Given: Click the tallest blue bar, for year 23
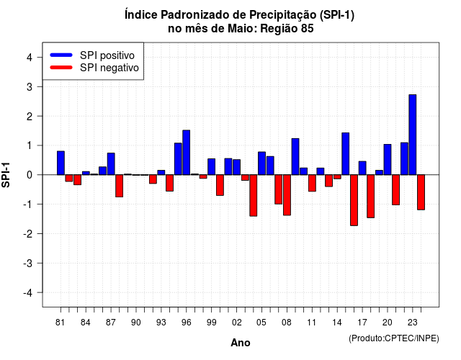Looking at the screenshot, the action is [413, 135].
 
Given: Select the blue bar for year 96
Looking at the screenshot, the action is [186, 153].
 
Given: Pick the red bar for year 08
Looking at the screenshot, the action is [287, 195].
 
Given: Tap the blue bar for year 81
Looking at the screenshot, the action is [61, 163].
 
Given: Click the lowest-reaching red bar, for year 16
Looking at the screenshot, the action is [354, 200].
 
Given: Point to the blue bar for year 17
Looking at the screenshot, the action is [362, 168].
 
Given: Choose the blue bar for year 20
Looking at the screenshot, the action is [388, 160].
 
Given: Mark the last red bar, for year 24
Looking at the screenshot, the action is [421, 192].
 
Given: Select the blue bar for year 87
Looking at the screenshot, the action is [111, 164].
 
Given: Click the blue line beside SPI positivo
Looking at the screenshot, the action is [61, 55].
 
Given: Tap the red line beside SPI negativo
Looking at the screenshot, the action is [61, 68].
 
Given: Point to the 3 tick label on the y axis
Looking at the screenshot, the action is [30, 86].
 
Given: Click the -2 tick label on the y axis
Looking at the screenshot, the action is [28, 233].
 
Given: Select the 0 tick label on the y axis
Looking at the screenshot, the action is [30, 175].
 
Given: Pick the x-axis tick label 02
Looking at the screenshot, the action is [236, 323].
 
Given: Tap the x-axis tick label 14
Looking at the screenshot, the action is [337, 323].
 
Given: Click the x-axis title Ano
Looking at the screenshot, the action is [241, 343].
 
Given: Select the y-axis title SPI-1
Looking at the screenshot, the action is [6, 175].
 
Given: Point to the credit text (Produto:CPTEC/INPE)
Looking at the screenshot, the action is [394, 338].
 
